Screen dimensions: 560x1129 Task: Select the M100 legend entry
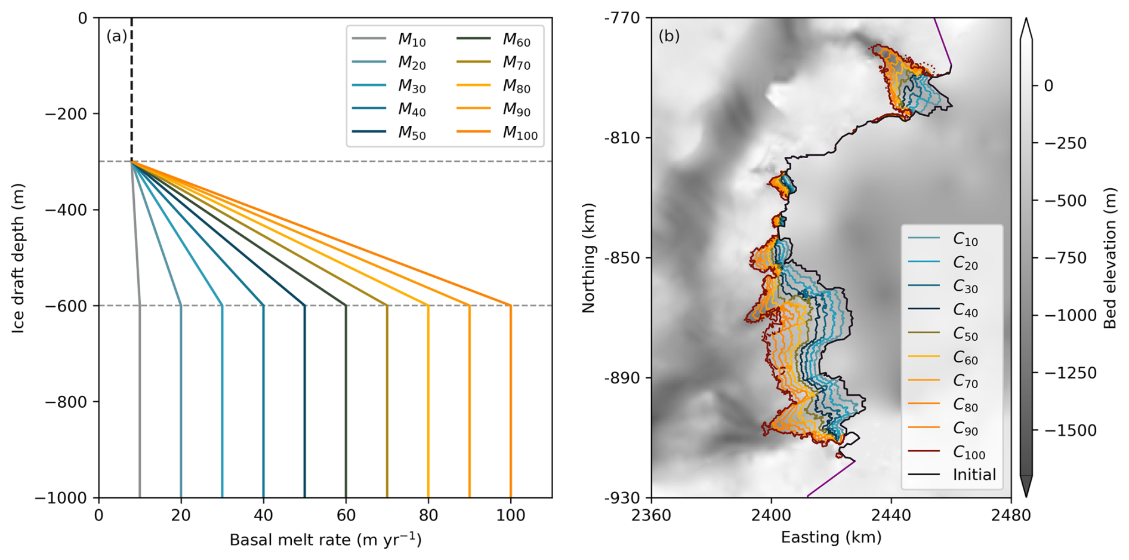click(x=519, y=133)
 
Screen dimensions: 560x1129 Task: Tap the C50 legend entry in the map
click(x=965, y=334)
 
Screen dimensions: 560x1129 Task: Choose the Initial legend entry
click(x=974, y=475)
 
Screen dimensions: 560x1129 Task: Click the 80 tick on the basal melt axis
click(x=428, y=514)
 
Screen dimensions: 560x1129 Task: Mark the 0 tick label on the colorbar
click(x=1048, y=86)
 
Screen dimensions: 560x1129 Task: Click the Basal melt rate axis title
click(x=325, y=540)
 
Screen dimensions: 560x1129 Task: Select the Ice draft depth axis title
click(x=18, y=258)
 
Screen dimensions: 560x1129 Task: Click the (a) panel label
click(x=116, y=36)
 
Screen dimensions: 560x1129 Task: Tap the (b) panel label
click(x=669, y=36)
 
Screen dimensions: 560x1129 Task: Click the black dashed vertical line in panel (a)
click(x=131, y=90)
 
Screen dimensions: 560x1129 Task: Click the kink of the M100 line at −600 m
click(x=511, y=306)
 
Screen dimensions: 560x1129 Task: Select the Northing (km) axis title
click(x=589, y=258)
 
